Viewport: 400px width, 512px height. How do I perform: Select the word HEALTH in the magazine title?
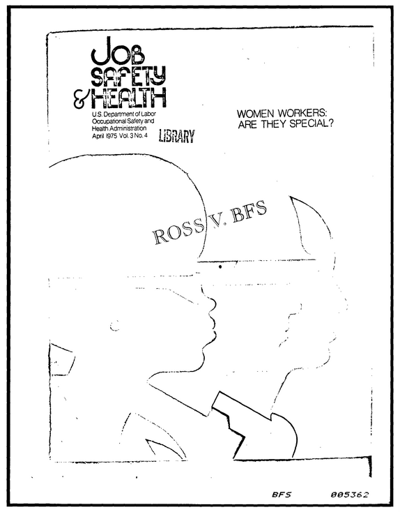point(128,98)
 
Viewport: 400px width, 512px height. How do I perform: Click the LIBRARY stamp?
point(177,135)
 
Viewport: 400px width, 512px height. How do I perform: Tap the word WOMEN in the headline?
point(255,114)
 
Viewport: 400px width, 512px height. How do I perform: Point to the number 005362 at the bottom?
point(349,495)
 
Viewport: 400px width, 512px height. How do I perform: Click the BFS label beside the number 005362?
point(282,495)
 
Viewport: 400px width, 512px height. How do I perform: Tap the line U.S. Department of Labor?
point(124,114)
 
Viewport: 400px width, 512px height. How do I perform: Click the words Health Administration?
point(119,128)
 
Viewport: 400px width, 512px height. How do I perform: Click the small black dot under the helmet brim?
point(220,266)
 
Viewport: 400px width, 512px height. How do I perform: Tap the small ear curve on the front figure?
point(114,326)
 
